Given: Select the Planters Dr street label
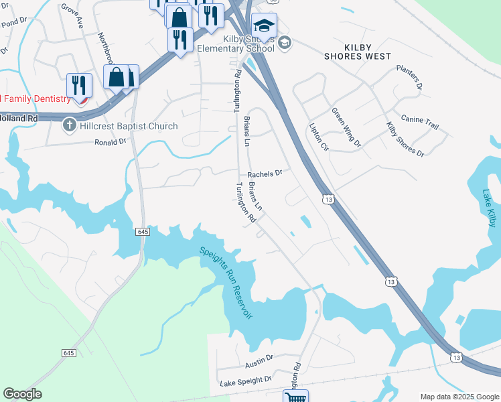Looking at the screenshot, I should tap(409, 77).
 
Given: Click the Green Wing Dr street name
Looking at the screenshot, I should tap(346, 128).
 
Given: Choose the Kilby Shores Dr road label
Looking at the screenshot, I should tap(405, 139).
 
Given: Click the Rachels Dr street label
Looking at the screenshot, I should tap(265, 173).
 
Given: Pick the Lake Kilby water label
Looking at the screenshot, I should tap(490, 208).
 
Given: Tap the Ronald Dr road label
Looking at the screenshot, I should tap(110, 141).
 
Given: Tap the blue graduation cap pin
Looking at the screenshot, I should tap(265, 26).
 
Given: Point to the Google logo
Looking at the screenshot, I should tap(22, 394).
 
